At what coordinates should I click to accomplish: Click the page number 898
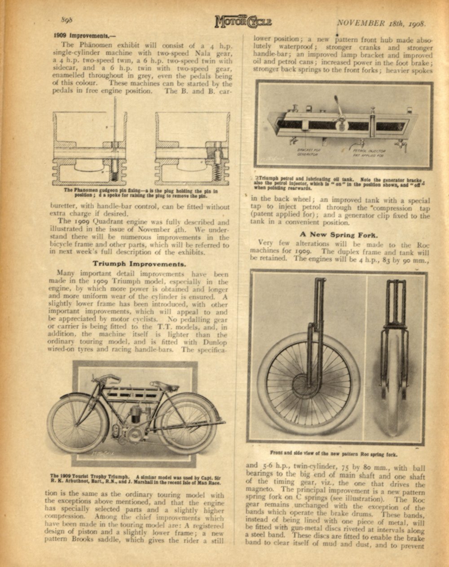pos(67,20)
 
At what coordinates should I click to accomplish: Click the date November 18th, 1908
pos(381,23)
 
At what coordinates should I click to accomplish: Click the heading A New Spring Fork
pos(339,234)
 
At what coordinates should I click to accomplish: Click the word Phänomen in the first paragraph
pos(92,45)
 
